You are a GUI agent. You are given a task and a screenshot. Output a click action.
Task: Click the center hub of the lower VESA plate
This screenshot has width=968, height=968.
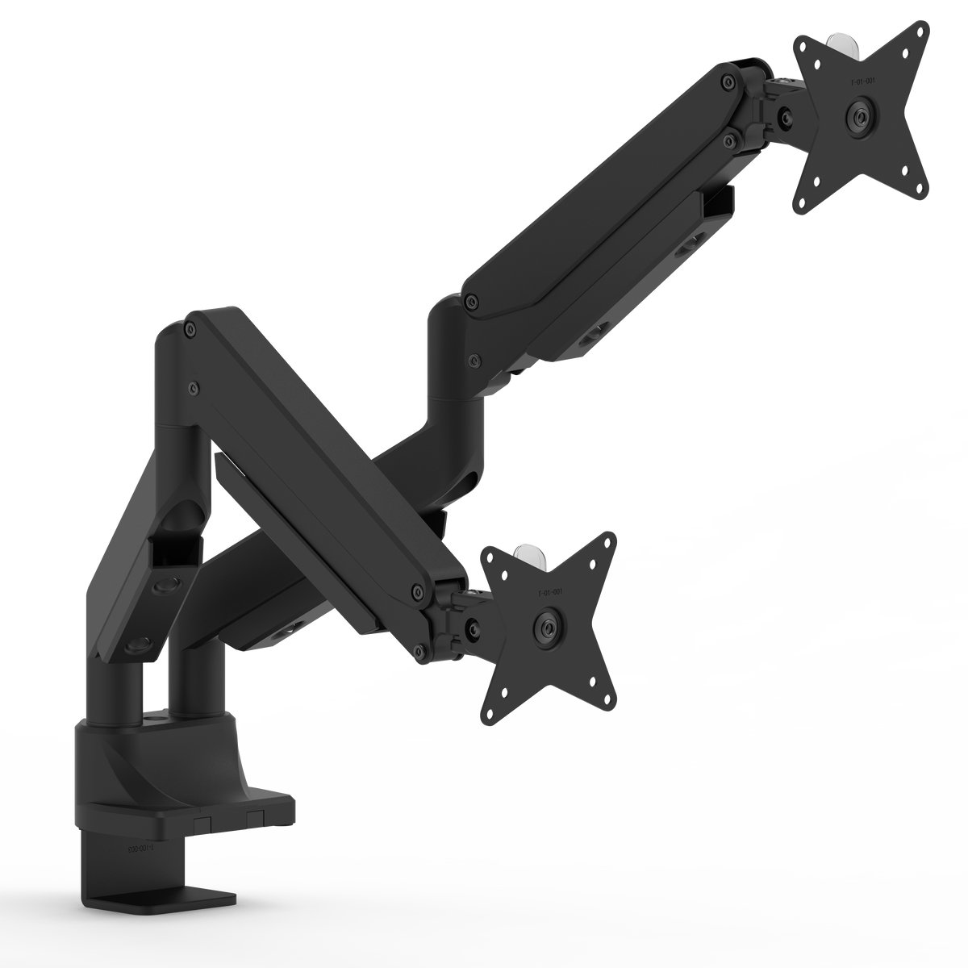click(549, 626)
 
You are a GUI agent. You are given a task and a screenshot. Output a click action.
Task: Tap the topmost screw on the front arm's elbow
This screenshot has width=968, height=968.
click(190, 328)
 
